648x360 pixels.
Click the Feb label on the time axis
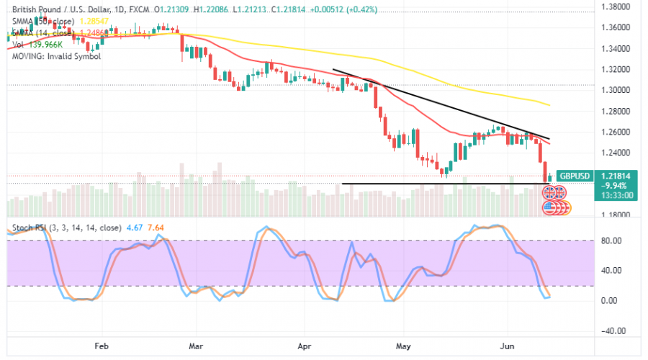tap(102, 345)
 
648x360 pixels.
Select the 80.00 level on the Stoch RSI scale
tap(612, 240)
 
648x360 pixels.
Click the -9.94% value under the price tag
tap(616, 184)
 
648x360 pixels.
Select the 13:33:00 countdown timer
tap(616, 194)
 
